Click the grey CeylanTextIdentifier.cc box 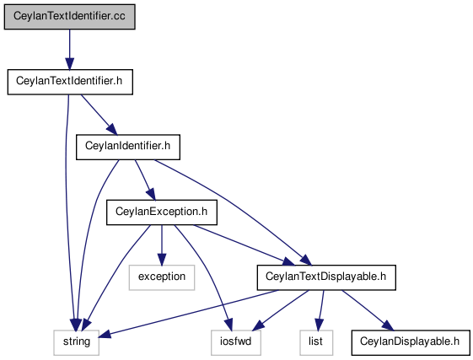point(69,17)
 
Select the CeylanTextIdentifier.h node point(70,82)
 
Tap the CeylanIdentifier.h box point(128,148)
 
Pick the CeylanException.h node point(162,212)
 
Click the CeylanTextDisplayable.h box point(326,277)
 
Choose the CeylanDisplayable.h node point(411,343)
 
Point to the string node point(77,343)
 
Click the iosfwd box point(236,343)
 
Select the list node point(316,343)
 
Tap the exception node point(162,277)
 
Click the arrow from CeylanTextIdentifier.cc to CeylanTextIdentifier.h point(70,50)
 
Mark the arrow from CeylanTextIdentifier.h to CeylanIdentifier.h point(99,115)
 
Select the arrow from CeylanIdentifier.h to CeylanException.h point(145,180)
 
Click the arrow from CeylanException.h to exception point(162,245)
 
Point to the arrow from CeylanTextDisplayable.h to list point(320,310)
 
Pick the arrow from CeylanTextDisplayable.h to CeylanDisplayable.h point(368,310)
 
